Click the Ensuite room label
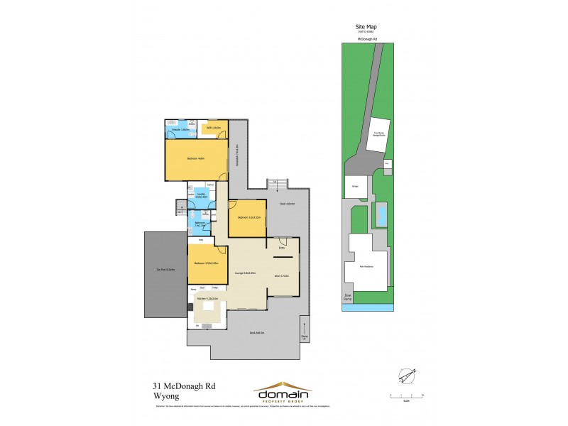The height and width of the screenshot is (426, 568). pos(180,130)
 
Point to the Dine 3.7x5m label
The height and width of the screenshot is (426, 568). pos(283,275)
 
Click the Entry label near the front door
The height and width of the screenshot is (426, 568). pos(282,247)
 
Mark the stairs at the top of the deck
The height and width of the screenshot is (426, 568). pos(276,183)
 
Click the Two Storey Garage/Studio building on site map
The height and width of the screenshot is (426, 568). pos(376,135)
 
